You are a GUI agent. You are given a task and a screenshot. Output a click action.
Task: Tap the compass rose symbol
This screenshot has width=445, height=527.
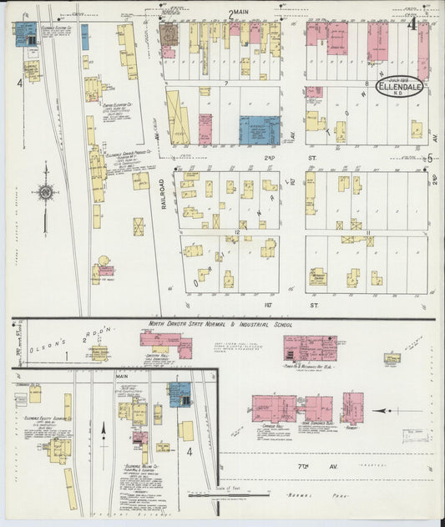pos(44,193)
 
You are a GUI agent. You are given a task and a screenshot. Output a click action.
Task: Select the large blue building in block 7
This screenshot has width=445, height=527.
pos(260,129)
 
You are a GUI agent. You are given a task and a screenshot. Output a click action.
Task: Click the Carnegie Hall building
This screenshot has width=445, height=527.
pos(274,408)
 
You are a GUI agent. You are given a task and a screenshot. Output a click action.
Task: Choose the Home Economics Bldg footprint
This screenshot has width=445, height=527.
pos(318,408)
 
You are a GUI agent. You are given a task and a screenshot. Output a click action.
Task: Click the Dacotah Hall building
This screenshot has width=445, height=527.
pos(164,343)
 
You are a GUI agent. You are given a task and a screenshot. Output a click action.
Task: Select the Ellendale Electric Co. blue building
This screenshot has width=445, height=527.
pos(24,33)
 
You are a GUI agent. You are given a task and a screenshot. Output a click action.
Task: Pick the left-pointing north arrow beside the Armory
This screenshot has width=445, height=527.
pos(387,411)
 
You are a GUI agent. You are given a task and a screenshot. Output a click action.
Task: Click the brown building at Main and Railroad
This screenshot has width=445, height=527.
pos(169,33)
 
